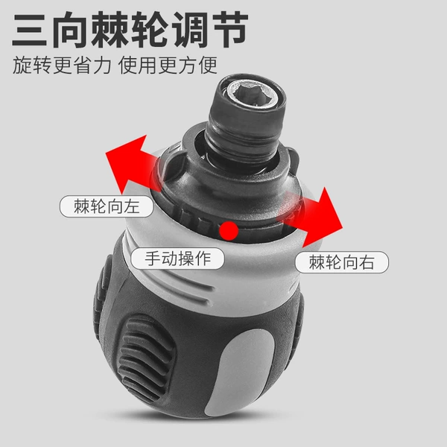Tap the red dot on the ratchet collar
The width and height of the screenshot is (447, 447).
(229, 230)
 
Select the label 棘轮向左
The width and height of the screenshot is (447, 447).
(107, 206)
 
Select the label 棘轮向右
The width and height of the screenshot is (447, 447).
(341, 262)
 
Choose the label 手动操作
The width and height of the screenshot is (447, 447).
(177, 259)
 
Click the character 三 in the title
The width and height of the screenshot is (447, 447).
(29, 29)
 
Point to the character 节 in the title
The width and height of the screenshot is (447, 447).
(231, 29)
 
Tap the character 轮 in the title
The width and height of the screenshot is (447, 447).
(150, 29)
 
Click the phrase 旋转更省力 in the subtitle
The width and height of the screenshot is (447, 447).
(62, 66)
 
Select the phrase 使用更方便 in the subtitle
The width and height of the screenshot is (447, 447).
(168, 66)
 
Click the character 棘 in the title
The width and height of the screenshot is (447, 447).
(110, 29)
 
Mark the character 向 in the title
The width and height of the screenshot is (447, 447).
(69, 29)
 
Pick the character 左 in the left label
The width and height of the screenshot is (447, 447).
(131, 206)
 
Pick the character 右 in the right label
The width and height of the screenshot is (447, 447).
(367, 262)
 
